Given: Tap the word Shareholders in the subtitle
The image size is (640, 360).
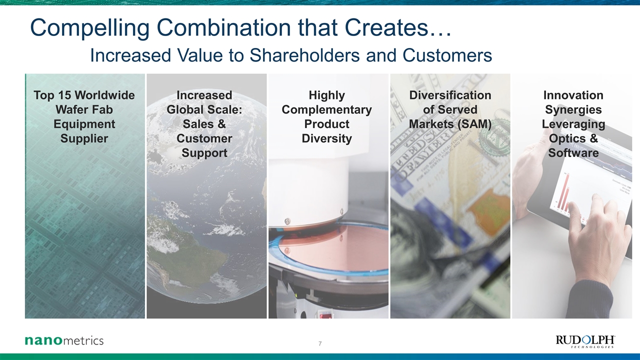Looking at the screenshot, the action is [x=304, y=55].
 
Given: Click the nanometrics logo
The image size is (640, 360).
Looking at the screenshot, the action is [x=64, y=340].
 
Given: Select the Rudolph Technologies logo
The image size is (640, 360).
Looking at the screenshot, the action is [x=585, y=341].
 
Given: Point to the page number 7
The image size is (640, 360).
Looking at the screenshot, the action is [x=320, y=343].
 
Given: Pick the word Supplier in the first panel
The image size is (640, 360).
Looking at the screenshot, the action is [x=84, y=138].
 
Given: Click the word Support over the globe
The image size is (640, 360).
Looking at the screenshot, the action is [x=204, y=153].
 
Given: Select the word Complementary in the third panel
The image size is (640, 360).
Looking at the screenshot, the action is [x=327, y=109].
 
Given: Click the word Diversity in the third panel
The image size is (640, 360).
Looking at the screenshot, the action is [x=327, y=138].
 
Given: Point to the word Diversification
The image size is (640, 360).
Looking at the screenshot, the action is [x=450, y=95].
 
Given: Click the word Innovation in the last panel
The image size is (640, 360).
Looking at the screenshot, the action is [x=573, y=95].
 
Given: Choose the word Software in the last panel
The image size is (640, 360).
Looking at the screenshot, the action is [x=573, y=153].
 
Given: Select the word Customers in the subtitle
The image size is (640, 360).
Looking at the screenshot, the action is [x=447, y=55].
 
